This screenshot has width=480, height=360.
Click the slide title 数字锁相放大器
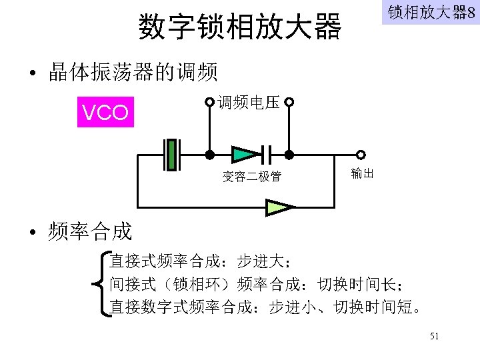coord(239,27)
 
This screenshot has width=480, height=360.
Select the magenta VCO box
coord(105,112)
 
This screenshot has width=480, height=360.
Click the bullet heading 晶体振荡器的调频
coord(133,72)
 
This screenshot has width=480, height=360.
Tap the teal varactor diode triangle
coord(245,155)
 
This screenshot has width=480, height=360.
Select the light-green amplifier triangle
coord(279,207)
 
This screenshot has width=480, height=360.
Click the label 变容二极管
coord(251,177)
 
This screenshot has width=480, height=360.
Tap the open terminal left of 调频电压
coord(210,103)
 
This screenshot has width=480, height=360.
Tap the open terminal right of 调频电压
coord(289,103)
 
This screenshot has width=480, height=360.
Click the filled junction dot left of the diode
coord(209,155)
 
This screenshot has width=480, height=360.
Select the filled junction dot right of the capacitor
coord(289,155)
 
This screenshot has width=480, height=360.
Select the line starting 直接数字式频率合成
coord(266,308)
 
